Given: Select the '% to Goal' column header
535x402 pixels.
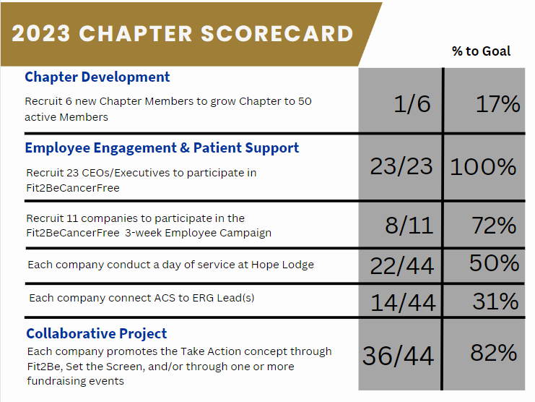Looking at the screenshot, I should coord(481,51).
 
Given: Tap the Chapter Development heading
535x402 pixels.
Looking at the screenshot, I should coord(97,77).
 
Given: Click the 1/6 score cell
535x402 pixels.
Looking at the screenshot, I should coord(412,104).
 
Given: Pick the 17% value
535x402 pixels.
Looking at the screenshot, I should coord(497,104).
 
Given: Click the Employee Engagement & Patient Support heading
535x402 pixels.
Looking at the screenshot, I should coord(162,148).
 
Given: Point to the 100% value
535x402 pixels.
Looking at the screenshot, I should coord(483,167).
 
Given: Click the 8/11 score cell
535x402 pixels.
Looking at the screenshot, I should coord(409,225).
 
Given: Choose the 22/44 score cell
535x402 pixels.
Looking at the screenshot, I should coord(402,266).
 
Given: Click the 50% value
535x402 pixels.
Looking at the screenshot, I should coord(494,262).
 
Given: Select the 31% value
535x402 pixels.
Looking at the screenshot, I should coord(495,300).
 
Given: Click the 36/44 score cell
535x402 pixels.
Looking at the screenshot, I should coord(398,355).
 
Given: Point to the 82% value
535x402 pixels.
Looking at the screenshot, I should coord(494,352).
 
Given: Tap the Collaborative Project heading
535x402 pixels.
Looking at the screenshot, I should coord(97,333).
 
